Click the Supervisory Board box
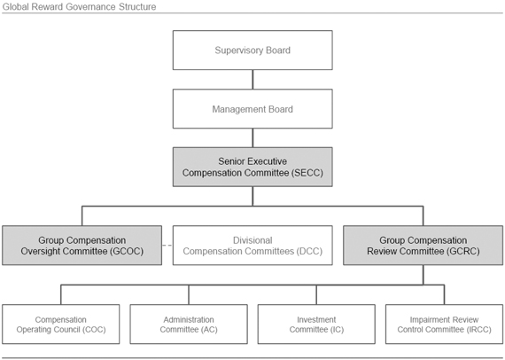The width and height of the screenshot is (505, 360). click(252, 51)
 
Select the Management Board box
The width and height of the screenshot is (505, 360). click(252, 109)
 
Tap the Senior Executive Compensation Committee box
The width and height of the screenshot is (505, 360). click(252, 167)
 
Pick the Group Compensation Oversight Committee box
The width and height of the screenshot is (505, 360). click(82, 246)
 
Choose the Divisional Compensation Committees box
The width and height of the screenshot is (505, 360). click(252, 246)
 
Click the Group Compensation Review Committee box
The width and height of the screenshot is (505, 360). click(423, 246)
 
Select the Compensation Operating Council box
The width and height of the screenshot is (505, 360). click(61, 325)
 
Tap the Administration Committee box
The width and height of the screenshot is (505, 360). click(189, 325)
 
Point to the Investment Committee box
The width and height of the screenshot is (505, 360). click(316, 325)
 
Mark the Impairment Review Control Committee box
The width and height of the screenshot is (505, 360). click(444, 325)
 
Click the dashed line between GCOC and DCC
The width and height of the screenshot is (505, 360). click(167, 246)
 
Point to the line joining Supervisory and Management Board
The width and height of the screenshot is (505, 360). click(252, 80)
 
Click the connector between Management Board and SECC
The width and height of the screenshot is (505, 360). click(252, 138)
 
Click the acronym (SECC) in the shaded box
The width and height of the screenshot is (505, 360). click(307, 173)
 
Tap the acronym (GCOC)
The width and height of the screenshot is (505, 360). click(127, 251)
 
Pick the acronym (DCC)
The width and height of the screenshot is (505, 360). click(309, 251)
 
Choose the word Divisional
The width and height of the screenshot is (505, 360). click(252, 240)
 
